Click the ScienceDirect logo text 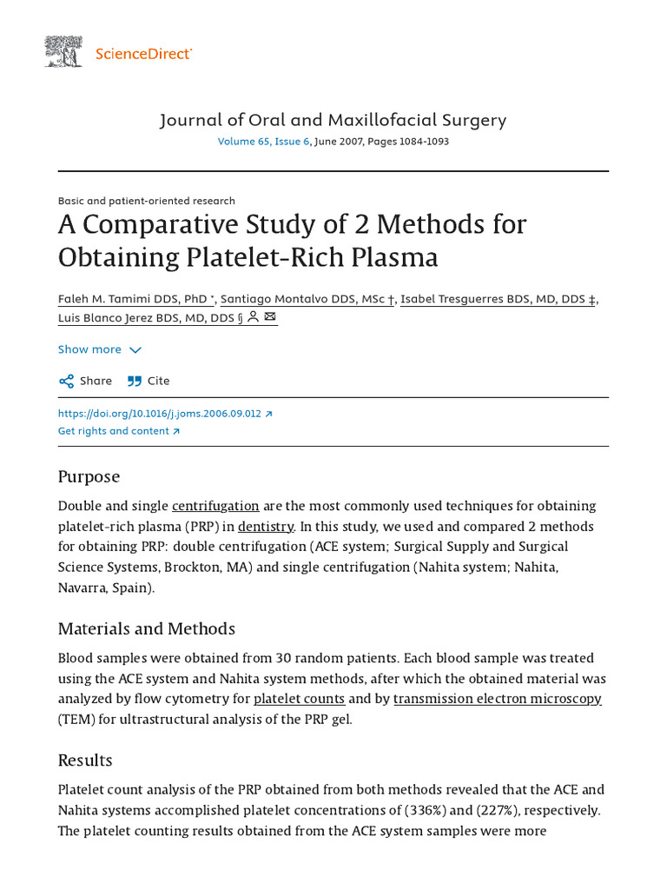(x=143, y=54)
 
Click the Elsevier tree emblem (x=63, y=52)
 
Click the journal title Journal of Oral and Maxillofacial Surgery (x=333, y=120)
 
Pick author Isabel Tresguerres (x=499, y=299)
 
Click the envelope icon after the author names (x=270, y=317)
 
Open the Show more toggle (x=99, y=349)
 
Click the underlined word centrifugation (x=215, y=506)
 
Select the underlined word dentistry (x=266, y=527)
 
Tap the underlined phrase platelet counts (x=299, y=699)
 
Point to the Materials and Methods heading (x=146, y=628)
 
